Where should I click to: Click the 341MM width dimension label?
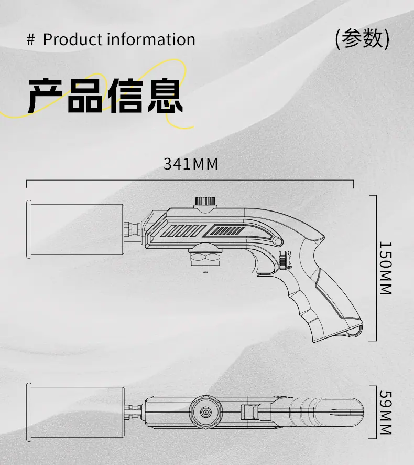point(191,164)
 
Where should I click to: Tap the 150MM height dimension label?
point(386,268)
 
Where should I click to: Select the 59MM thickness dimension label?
point(386,413)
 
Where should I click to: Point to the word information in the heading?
point(151,39)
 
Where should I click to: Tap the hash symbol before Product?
point(30,39)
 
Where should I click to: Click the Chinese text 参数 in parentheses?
point(362,38)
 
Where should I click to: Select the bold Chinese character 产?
point(45,96)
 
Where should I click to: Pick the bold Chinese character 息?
point(165,96)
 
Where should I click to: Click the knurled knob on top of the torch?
point(205,202)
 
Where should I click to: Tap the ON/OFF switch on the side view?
point(282,260)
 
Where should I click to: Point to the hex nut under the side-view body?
point(205,257)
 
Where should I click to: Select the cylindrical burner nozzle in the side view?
point(75,229)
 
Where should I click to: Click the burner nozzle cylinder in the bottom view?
point(75,412)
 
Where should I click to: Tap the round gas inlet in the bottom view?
point(205,412)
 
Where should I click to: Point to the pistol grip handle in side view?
point(326,300)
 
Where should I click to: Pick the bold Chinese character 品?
point(85,96)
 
